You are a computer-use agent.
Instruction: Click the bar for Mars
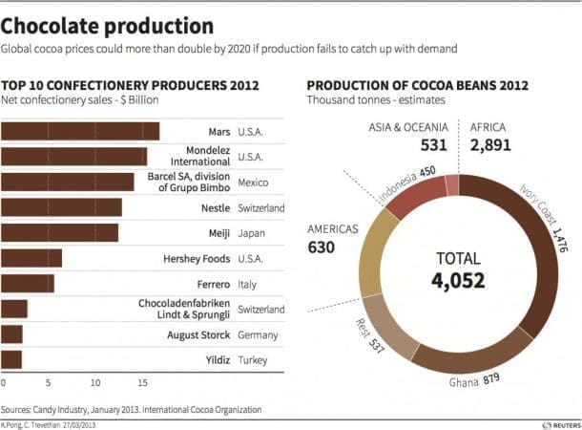[80, 131]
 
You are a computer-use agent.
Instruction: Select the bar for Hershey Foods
[31, 258]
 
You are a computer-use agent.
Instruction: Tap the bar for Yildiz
[11, 359]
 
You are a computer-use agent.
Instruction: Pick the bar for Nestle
[62, 207]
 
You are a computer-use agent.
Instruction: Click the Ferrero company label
[214, 285]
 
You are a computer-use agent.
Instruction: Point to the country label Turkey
[253, 360]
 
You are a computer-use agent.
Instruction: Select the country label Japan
[251, 233]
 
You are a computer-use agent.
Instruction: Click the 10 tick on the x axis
[95, 382]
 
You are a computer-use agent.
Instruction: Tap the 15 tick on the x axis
[142, 382]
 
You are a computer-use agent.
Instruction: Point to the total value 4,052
[458, 281]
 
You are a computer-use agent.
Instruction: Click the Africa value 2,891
[490, 145]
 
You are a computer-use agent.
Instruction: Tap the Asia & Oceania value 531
[433, 145]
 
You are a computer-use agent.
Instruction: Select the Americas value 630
[322, 247]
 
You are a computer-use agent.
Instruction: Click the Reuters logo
[562, 425]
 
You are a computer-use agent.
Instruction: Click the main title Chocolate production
[107, 26]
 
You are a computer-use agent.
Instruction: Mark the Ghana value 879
[491, 379]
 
